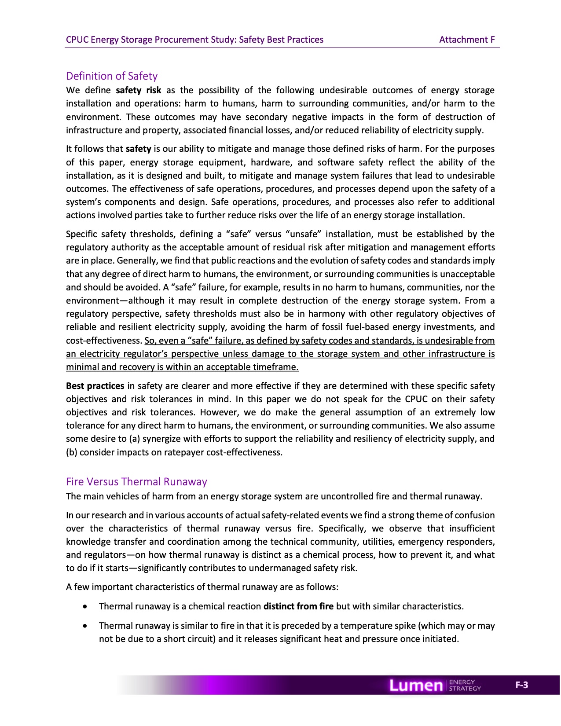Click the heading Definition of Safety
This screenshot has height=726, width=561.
tap(112, 76)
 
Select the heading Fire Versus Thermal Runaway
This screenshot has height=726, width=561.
tap(136, 481)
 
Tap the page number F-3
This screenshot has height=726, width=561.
tap(521, 685)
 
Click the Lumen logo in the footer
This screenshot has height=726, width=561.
tap(416, 685)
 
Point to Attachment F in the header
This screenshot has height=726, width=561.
tap(467, 40)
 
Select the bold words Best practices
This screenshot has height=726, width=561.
tap(95, 386)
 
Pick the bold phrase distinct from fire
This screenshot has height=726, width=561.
tap(298, 606)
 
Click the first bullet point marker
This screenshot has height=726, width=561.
tap(85, 607)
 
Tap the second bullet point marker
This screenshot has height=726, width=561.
tap(85, 626)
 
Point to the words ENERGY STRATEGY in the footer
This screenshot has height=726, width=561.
tap(465, 685)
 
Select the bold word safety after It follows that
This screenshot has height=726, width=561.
tap(138, 149)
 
